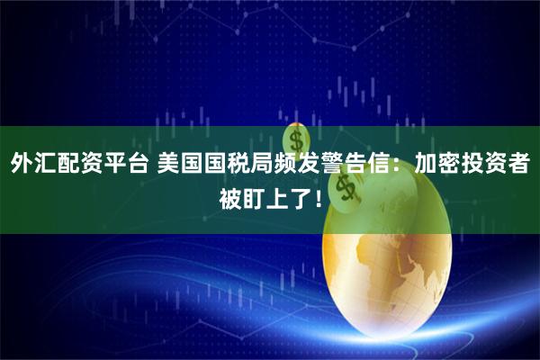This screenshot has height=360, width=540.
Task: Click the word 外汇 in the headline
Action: pyautogui.click(x=33, y=166)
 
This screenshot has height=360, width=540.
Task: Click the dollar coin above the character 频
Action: pyautogui.click(x=294, y=139)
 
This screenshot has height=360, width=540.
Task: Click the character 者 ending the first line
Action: pyautogui.click(x=517, y=166)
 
